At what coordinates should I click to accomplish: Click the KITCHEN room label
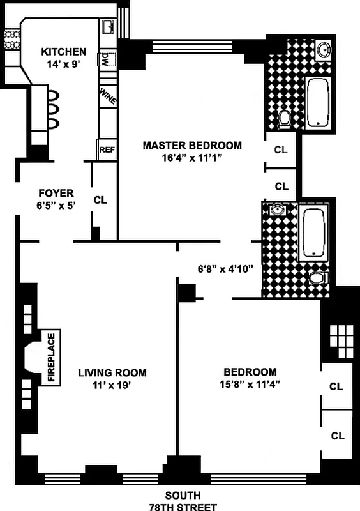click(63, 52)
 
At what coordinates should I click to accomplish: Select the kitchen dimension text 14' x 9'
click(63, 64)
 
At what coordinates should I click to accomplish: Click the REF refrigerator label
click(106, 150)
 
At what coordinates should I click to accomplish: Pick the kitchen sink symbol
click(108, 26)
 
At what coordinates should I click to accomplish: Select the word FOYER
click(56, 192)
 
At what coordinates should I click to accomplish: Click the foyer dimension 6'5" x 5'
click(56, 205)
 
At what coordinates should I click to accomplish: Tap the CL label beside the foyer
click(100, 199)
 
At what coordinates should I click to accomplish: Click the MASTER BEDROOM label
click(192, 145)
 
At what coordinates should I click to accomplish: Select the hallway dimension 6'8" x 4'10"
click(225, 268)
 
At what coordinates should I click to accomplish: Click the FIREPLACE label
click(52, 357)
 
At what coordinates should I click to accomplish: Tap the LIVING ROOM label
click(112, 372)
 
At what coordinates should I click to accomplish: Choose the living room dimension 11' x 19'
click(112, 385)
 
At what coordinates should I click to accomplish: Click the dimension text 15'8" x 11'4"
click(250, 385)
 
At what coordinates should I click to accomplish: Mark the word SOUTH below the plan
click(183, 496)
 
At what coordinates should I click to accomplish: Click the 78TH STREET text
click(183, 507)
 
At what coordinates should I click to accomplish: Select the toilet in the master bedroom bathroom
click(285, 118)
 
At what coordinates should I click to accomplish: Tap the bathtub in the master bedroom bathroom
click(317, 102)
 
